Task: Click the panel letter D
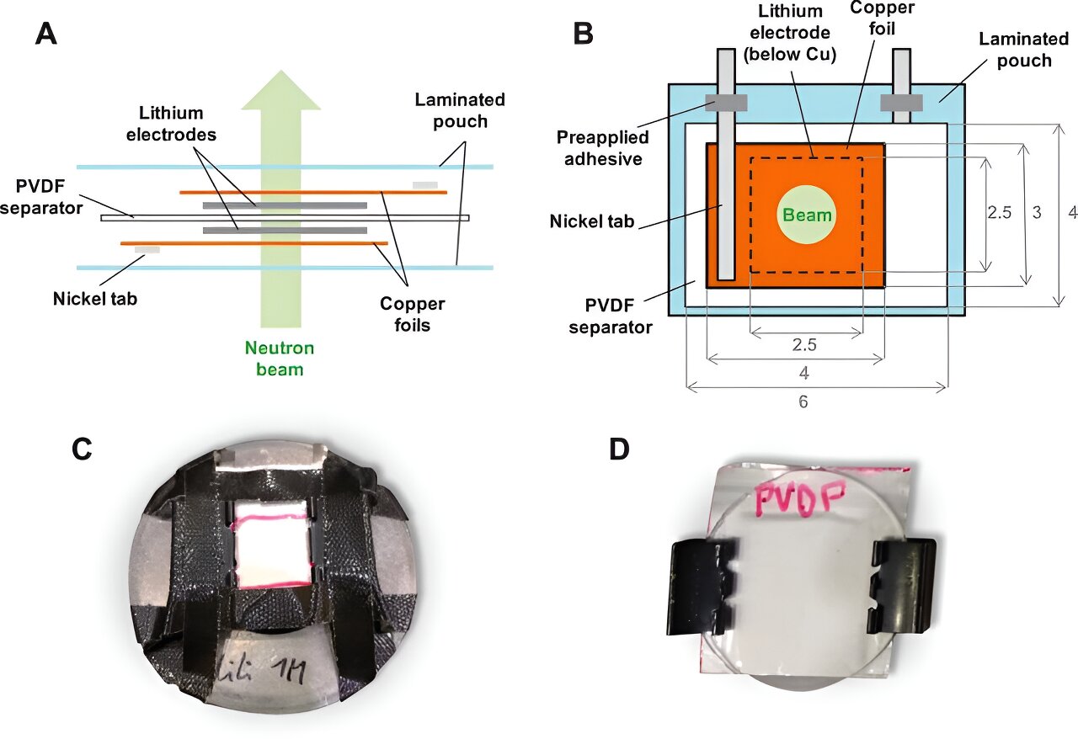coord(619,451)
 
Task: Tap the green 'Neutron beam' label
coord(280,358)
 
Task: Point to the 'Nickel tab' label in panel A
coord(89,296)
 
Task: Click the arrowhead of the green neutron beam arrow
coord(280,90)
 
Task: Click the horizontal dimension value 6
coord(803,402)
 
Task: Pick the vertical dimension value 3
coord(1036,214)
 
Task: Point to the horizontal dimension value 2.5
coord(805,343)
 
